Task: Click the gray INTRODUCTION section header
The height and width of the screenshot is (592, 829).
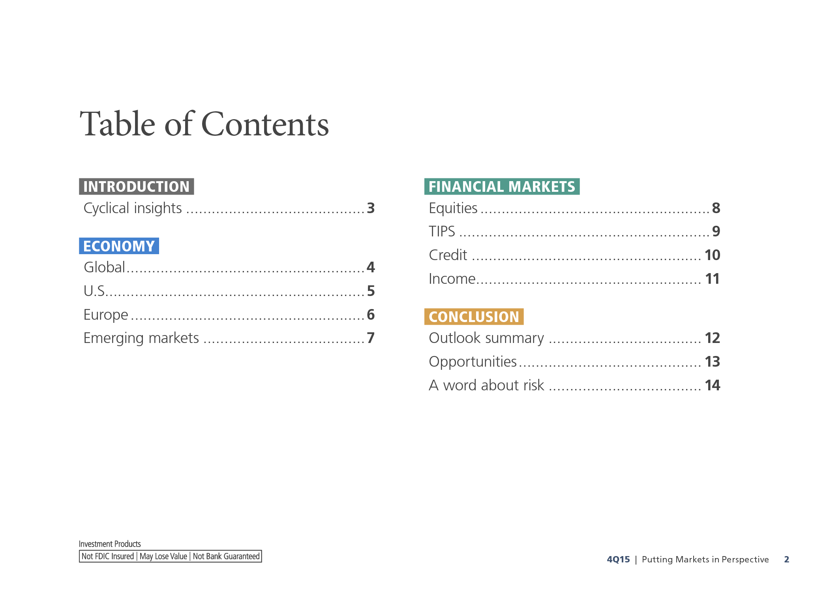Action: [136, 186]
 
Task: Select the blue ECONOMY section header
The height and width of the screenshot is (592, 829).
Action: [119, 246]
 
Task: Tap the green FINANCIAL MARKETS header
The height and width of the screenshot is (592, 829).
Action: [502, 186]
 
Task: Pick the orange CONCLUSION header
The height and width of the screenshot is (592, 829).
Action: [474, 317]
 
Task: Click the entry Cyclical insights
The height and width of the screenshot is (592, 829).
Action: [133, 208]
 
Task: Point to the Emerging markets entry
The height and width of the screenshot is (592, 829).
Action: [141, 338]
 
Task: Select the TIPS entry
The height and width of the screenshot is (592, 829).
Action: [442, 231]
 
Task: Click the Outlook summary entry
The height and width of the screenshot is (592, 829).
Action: [486, 338]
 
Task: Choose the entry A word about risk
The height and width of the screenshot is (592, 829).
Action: [486, 385]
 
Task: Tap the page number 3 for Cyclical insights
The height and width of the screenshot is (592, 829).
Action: [371, 208]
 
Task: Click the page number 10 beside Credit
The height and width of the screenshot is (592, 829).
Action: [713, 255]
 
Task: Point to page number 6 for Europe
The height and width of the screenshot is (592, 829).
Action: [371, 315]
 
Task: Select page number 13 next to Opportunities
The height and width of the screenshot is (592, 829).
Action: [713, 362]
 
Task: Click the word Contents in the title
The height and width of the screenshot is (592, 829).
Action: [265, 124]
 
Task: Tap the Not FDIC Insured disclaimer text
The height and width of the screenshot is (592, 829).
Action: [108, 556]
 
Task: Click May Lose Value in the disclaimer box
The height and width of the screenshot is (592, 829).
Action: [163, 556]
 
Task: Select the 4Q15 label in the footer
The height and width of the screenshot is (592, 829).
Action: [618, 559]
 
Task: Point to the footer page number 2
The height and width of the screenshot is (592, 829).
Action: [786, 559]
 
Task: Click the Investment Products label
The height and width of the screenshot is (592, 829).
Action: [110, 544]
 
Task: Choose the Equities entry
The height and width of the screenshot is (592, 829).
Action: [453, 208]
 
